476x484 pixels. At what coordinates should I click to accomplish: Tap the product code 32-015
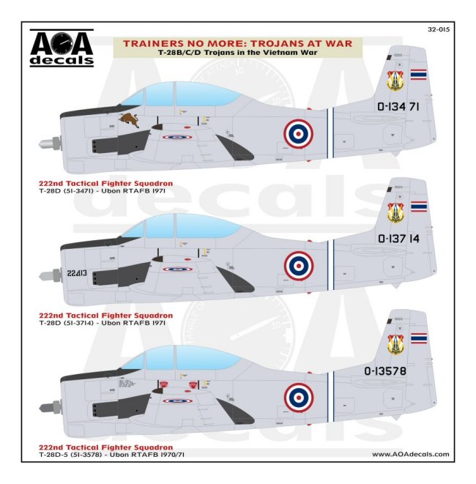[x=436, y=30]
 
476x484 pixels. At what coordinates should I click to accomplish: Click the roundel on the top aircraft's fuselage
[x=297, y=133]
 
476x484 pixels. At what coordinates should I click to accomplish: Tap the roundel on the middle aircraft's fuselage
[x=298, y=265]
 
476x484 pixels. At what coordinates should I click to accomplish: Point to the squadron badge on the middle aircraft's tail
[x=395, y=214]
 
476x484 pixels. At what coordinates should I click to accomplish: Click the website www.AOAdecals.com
[x=410, y=455]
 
